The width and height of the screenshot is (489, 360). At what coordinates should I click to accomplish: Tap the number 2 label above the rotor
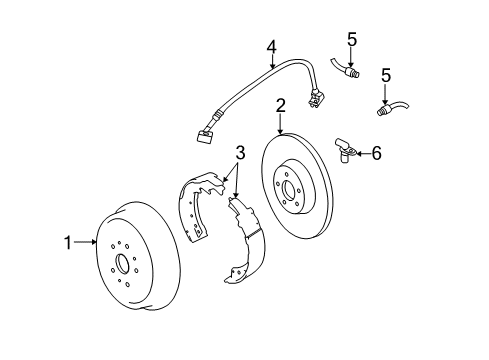[x=281, y=104]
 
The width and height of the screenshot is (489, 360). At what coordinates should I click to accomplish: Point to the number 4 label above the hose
[x=271, y=46]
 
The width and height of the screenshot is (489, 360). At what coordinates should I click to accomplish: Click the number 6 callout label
[x=376, y=153]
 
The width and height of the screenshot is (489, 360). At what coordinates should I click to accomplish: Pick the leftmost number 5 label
[x=351, y=39]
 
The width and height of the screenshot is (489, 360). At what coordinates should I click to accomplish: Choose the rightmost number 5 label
[x=386, y=75]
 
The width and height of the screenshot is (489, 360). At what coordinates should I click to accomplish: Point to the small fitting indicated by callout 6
[x=346, y=151]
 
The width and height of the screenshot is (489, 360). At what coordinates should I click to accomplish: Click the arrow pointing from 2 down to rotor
[x=281, y=122]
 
